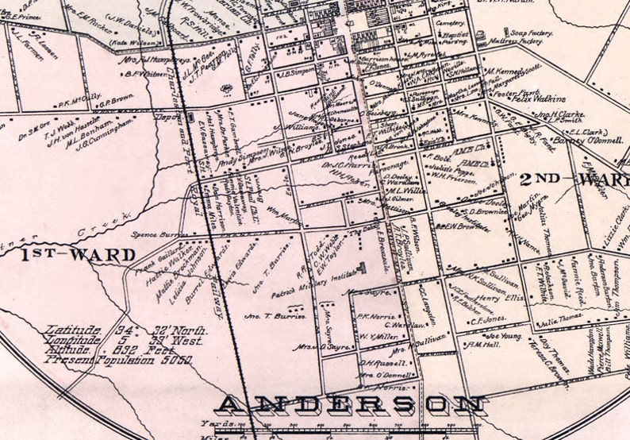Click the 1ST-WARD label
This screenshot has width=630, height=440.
point(79,255)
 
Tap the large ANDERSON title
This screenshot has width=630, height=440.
point(351,405)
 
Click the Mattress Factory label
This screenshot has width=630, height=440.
point(512,41)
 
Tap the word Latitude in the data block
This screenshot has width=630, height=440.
point(73,329)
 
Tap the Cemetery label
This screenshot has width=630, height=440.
point(450,24)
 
